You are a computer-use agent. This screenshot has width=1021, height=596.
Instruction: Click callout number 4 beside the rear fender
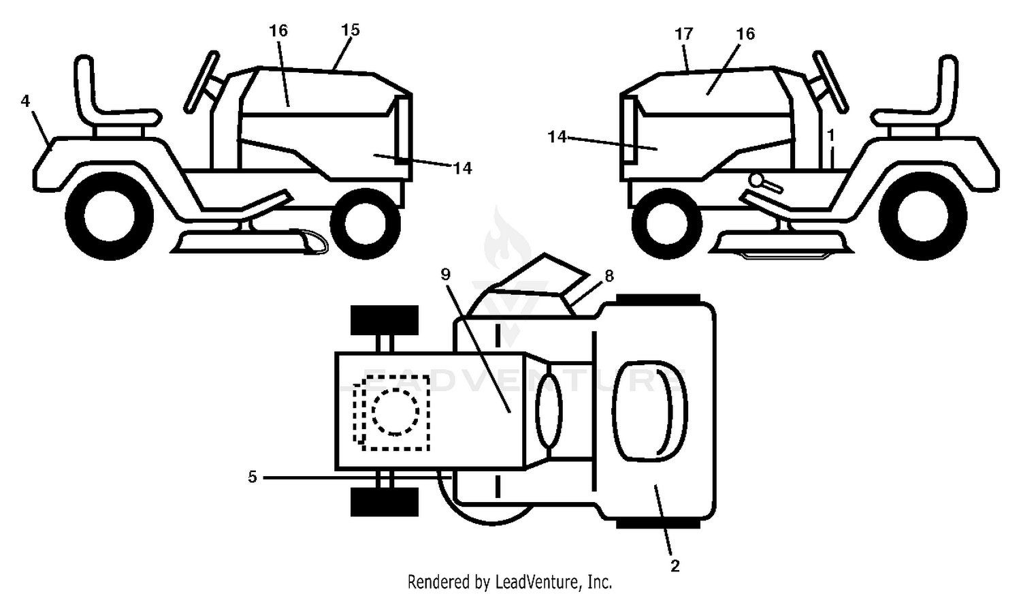(x=25, y=101)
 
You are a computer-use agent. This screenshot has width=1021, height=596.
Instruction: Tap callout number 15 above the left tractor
(x=350, y=30)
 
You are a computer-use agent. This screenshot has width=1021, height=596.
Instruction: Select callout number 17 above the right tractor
(x=683, y=34)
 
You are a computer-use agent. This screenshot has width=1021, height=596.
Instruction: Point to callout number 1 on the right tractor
(x=831, y=135)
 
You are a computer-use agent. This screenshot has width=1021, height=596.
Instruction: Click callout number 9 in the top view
(x=445, y=274)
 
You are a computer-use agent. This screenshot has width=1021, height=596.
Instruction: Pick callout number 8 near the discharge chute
(x=609, y=275)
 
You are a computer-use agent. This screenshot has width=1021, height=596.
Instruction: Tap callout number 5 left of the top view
(x=253, y=477)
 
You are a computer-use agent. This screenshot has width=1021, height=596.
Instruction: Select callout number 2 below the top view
(x=675, y=566)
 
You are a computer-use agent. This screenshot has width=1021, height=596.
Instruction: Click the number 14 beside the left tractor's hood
(x=462, y=168)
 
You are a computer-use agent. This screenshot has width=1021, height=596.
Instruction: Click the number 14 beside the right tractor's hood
(x=557, y=136)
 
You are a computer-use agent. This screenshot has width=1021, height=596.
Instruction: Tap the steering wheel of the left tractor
(x=201, y=82)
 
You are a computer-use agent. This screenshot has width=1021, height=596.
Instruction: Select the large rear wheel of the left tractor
(x=110, y=216)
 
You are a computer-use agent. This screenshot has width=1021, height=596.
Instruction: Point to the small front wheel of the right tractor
(x=667, y=223)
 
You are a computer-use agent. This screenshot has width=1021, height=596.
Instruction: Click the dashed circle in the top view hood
(x=395, y=412)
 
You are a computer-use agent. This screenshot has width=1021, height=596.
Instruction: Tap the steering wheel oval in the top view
(x=549, y=410)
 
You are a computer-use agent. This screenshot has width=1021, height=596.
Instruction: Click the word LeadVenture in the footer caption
(x=538, y=582)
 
